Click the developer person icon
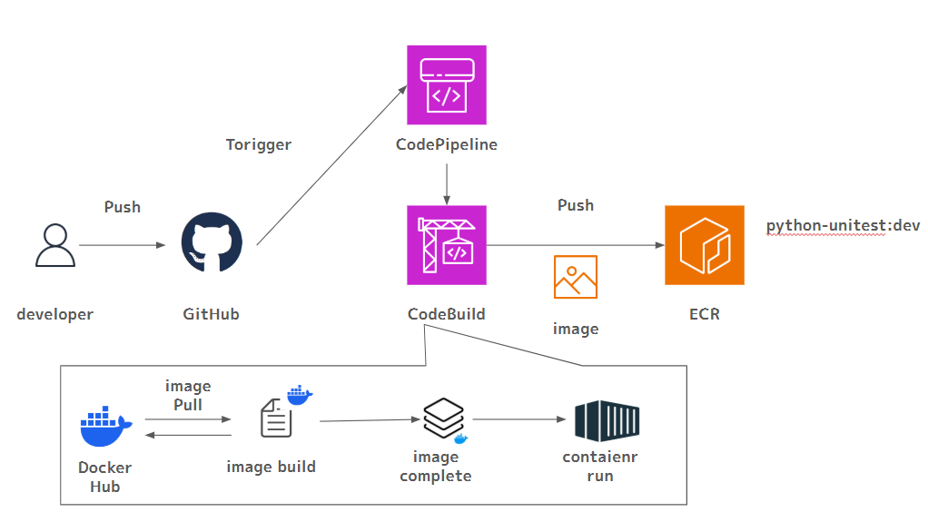[55, 245]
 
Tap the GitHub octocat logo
[212, 243]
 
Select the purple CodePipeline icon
[446, 84]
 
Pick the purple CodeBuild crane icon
[446, 245]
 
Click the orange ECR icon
[704, 245]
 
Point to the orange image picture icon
[576, 277]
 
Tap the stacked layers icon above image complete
[443, 418]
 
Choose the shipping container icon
[607, 419]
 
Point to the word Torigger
[259, 144]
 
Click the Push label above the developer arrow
[123, 207]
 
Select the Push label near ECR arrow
[576, 205]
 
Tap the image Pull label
[188, 395]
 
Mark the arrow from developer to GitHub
[122, 245]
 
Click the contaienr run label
[599, 466]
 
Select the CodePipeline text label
[447, 144]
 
